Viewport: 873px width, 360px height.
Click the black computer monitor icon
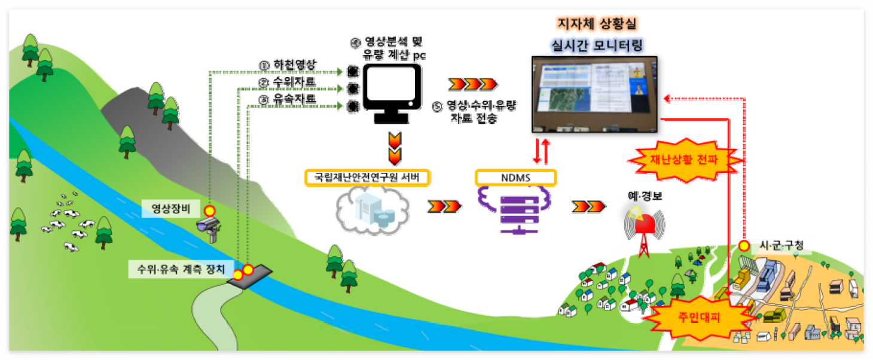[392, 92]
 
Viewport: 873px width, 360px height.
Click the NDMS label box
[516, 178]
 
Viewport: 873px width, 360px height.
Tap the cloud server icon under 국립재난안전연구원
[372, 212]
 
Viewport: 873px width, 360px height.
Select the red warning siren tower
[645, 230]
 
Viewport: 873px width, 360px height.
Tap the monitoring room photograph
[594, 94]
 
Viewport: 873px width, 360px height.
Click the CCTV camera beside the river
[210, 228]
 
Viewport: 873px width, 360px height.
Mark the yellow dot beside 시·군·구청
[744, 246]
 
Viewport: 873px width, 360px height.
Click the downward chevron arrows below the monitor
[395, 148]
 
